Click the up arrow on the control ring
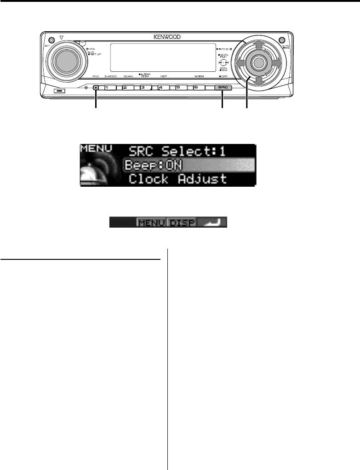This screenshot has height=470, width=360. [x=258, y=45]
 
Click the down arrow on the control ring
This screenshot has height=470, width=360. [x=258, y=81]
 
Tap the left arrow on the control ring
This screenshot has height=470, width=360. [x=240, y=63]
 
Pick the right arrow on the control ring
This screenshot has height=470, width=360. [x=276, y=63]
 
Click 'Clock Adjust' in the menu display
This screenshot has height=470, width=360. [x=177, y=179]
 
